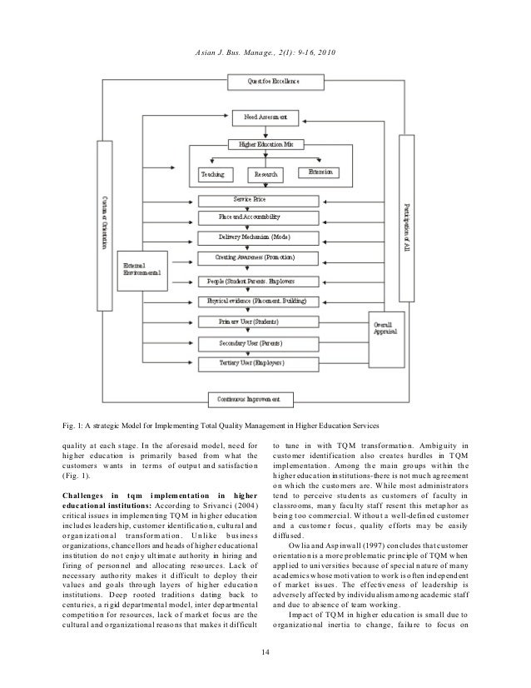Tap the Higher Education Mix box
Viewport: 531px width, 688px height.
point(266,145)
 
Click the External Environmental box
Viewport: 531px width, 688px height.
point(141,271)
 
